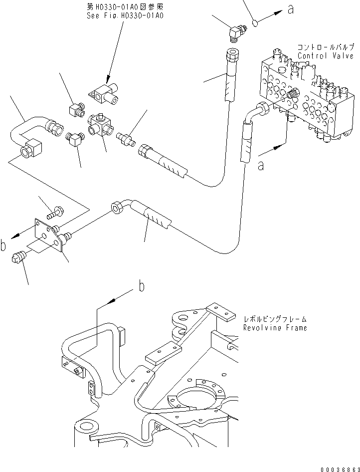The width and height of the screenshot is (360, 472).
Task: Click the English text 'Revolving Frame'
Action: [x=275, y=328]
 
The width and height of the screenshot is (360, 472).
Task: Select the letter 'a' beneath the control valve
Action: [x=260, y=165]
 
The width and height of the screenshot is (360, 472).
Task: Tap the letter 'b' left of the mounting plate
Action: [x=4, y=245]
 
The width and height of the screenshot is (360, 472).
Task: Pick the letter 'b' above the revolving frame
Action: [x=142, y=286]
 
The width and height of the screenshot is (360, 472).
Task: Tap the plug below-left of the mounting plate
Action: [x=17, y=259]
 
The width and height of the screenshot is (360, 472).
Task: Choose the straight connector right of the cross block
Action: [x=125, y=136]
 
